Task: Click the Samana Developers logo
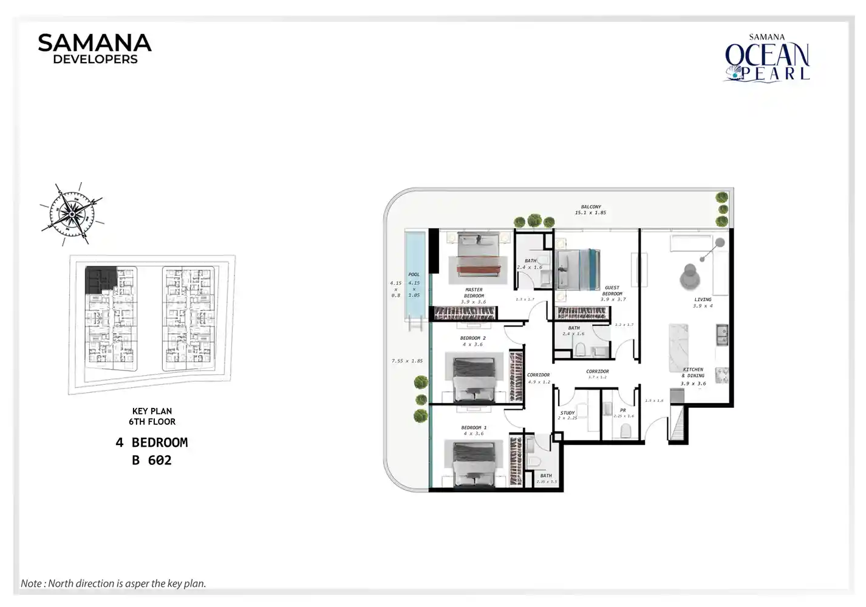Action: pyautogui.click(x=94, y=49)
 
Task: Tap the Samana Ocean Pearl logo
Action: pyautogui.click(x=767, y=58)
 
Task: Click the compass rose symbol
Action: pyautogui.click(x=72, y=214)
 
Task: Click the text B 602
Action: pyautogui.click(x=152, y=460)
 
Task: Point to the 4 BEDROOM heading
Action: pyautogui.click(x=152, y=443)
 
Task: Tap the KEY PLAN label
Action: pyautogui.click(x=152, y=411)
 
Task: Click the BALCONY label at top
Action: pyautogui.click(x=590, y=207)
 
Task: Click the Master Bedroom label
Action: pyautogui.click(x=474, y=293)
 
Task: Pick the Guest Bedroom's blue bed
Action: pyautogui.click(x=577, y=269)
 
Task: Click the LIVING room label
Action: pyautogui.click(x=703, y=299)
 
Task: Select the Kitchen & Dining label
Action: pyautogui.click(x=693, y=372)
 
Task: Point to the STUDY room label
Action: pyautogui.click(x=567, y=413)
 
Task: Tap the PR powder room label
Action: pyautogui.click(x=622, y=410)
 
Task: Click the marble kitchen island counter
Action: pyautogui.click(x=678, y=347)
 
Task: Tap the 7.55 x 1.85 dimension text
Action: pyautogui.click(x=407, y=361)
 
